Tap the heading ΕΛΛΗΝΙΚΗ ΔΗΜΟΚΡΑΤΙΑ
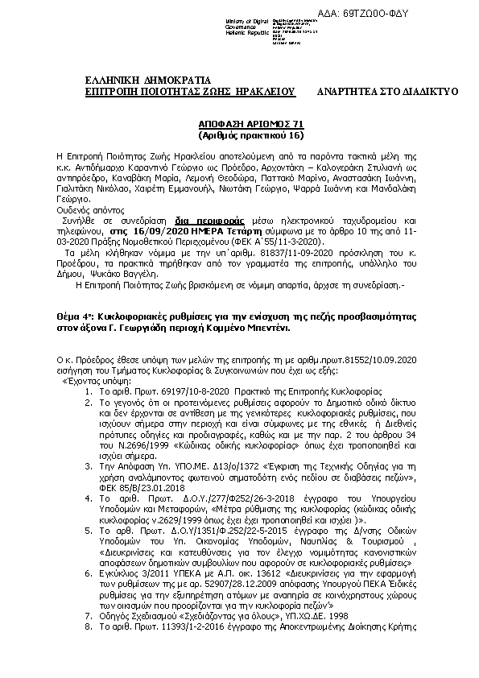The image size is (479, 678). (147, 81)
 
